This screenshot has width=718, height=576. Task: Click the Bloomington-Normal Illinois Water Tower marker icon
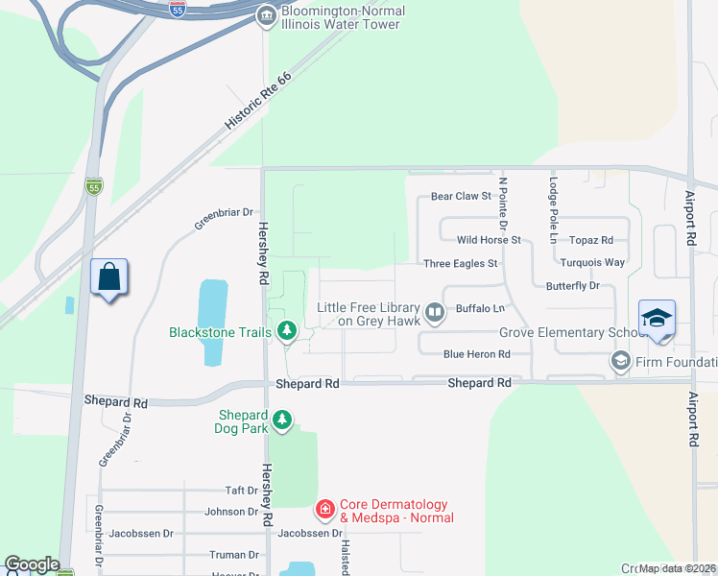(x=266, y=16)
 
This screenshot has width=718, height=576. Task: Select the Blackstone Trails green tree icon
(x=286, y=332)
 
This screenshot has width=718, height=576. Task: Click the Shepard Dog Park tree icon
(x=281, y=420)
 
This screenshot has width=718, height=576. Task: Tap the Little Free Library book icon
(x=435, y=311)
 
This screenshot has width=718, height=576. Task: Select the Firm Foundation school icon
(x=620, y=362)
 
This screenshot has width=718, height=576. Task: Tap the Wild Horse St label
(x=489, y=240)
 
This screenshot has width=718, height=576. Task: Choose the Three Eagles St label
(x=461, y=263)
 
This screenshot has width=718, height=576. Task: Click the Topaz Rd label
(x=590, y=240)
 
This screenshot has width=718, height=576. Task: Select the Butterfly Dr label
(x=572, y=286)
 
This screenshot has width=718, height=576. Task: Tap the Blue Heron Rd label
(x=476, y=354)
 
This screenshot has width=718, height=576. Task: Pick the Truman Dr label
(x=234, y=555)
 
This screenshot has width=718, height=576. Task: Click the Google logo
(x=32, y=564)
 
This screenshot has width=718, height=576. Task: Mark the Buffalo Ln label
(x=480, y=309)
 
